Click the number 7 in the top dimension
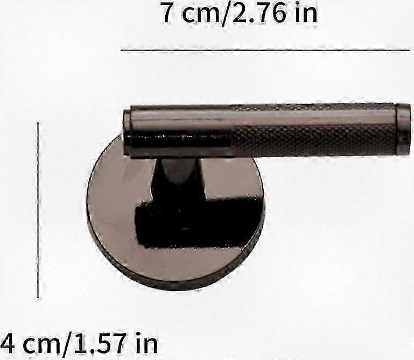click(x=169, y=13)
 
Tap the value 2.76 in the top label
click(x=259, y=13)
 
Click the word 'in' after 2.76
click(x=306, y=13)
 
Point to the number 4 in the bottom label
click(x=8, y=344)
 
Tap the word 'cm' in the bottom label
click(x=41, y=346)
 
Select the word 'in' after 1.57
click(x=146, y=343)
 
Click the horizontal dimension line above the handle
click(x=265, y=50)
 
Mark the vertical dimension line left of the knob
click(x=38, y=210)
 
